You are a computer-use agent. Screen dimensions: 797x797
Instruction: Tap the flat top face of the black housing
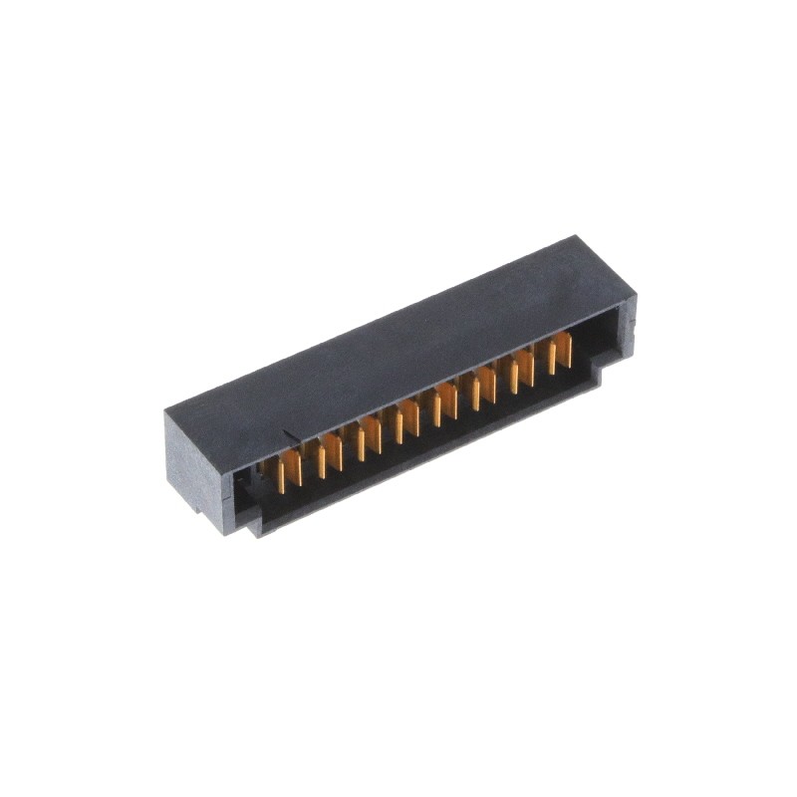coord(398,339)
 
